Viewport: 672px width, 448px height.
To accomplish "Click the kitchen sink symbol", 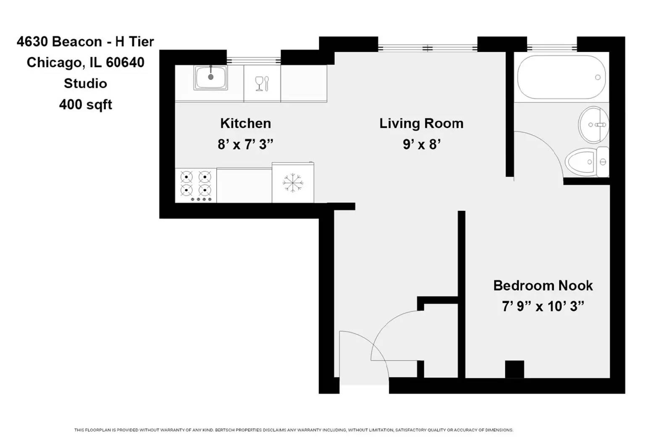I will click(x=210, y=78).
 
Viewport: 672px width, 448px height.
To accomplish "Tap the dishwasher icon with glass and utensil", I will click(x=262, y=83).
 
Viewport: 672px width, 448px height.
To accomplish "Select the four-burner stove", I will click(x=196, y=185).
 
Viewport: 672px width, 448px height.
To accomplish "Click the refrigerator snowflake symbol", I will click(x=293, y=183).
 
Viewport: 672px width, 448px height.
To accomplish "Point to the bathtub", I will click(x=561, y=77).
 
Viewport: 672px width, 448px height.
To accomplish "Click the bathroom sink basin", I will click(x=594, y=125).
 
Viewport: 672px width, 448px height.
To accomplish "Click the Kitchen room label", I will click(x=245, y=123).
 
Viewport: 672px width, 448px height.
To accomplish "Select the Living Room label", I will click(x=421, y=123).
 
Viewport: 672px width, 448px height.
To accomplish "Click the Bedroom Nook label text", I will click(x=543, y=286).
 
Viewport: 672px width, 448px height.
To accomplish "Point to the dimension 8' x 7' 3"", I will click(x=245, y=144).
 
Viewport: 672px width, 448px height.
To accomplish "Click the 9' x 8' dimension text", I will click(x=421, y=144).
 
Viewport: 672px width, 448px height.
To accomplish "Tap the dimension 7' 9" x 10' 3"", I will click(x=543, y=306).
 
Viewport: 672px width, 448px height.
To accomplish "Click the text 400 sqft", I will click(x=86, y=104).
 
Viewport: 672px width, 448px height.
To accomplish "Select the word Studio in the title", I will click(x=85, y=83).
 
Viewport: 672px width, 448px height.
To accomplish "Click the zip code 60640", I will click(x=125, y=62).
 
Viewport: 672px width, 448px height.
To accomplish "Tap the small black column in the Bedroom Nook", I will click(x=514, y=369).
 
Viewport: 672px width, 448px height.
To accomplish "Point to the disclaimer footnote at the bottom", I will click(x=294, y=430).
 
